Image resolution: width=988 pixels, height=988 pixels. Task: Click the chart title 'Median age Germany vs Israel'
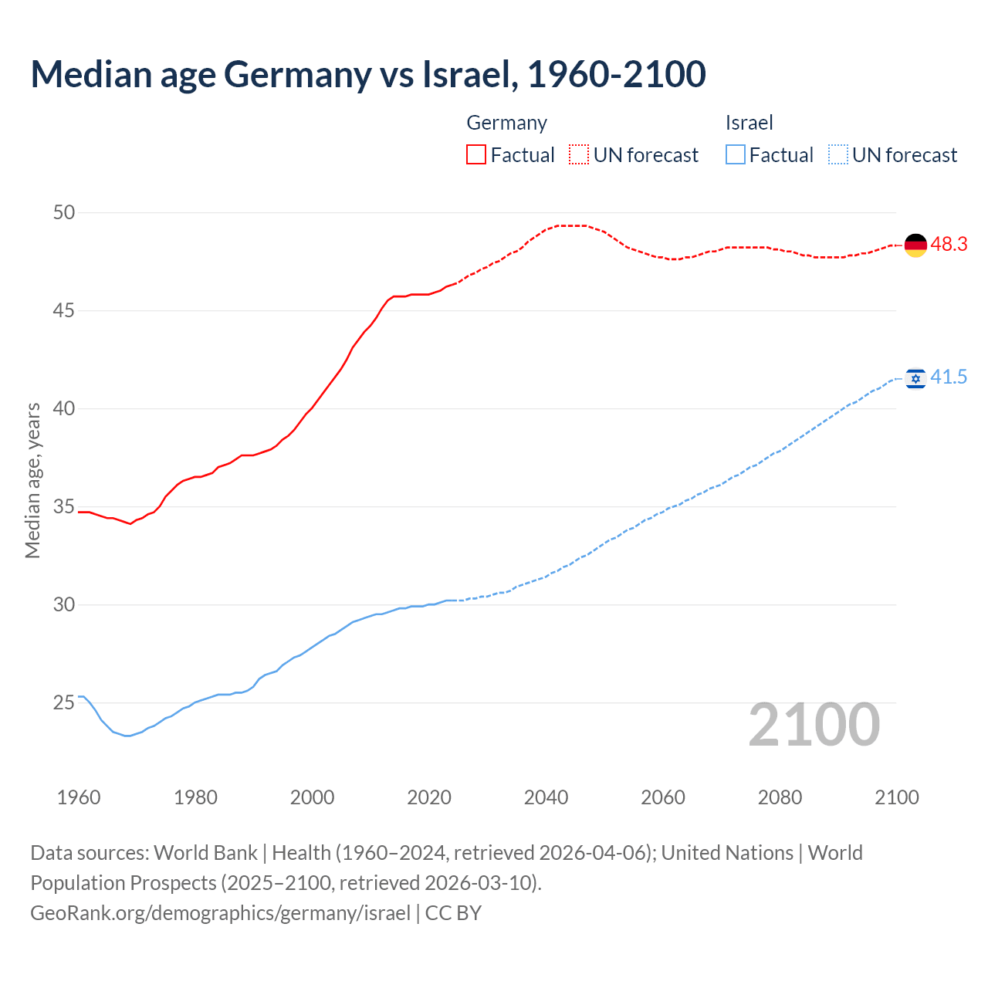(x=368, y=74)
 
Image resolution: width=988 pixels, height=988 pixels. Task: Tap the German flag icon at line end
(x=915, y=245)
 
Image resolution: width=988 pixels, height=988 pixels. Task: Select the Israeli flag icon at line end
(x=915, y=378)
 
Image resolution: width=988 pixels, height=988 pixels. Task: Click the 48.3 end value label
(x=949, y=244)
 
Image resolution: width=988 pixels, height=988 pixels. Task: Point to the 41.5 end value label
(x=949, y=377)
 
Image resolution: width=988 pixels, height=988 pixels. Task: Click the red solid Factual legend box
(x=476, y=154)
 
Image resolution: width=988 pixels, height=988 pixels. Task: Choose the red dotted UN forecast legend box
(x=579, y=154)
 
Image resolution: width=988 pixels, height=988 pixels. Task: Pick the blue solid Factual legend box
(x=736, y=154)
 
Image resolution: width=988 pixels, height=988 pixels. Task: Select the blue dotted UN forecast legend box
(x=838, y=154)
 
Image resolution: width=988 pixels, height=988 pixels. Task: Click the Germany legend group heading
(x=507, y=123)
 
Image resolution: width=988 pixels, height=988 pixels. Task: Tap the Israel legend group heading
(x=749, y=123)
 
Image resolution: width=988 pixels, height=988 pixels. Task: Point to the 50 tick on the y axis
(x=64, y=212)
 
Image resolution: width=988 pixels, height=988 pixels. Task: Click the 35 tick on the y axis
(x=64, y=507)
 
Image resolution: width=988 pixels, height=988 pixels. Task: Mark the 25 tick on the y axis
(x=64, y=703)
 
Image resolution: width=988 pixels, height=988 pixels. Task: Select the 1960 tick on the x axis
(x=79, y=797)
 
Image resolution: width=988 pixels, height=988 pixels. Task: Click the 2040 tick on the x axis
(x=546, y=797)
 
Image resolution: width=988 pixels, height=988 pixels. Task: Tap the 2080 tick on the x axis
(x=780, y=797)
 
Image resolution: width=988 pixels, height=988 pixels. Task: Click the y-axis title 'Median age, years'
(x=32, y=480)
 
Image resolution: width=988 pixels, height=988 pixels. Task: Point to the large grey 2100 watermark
(x=814, y=724)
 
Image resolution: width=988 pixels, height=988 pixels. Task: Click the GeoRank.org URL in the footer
(x=220, y=913)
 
